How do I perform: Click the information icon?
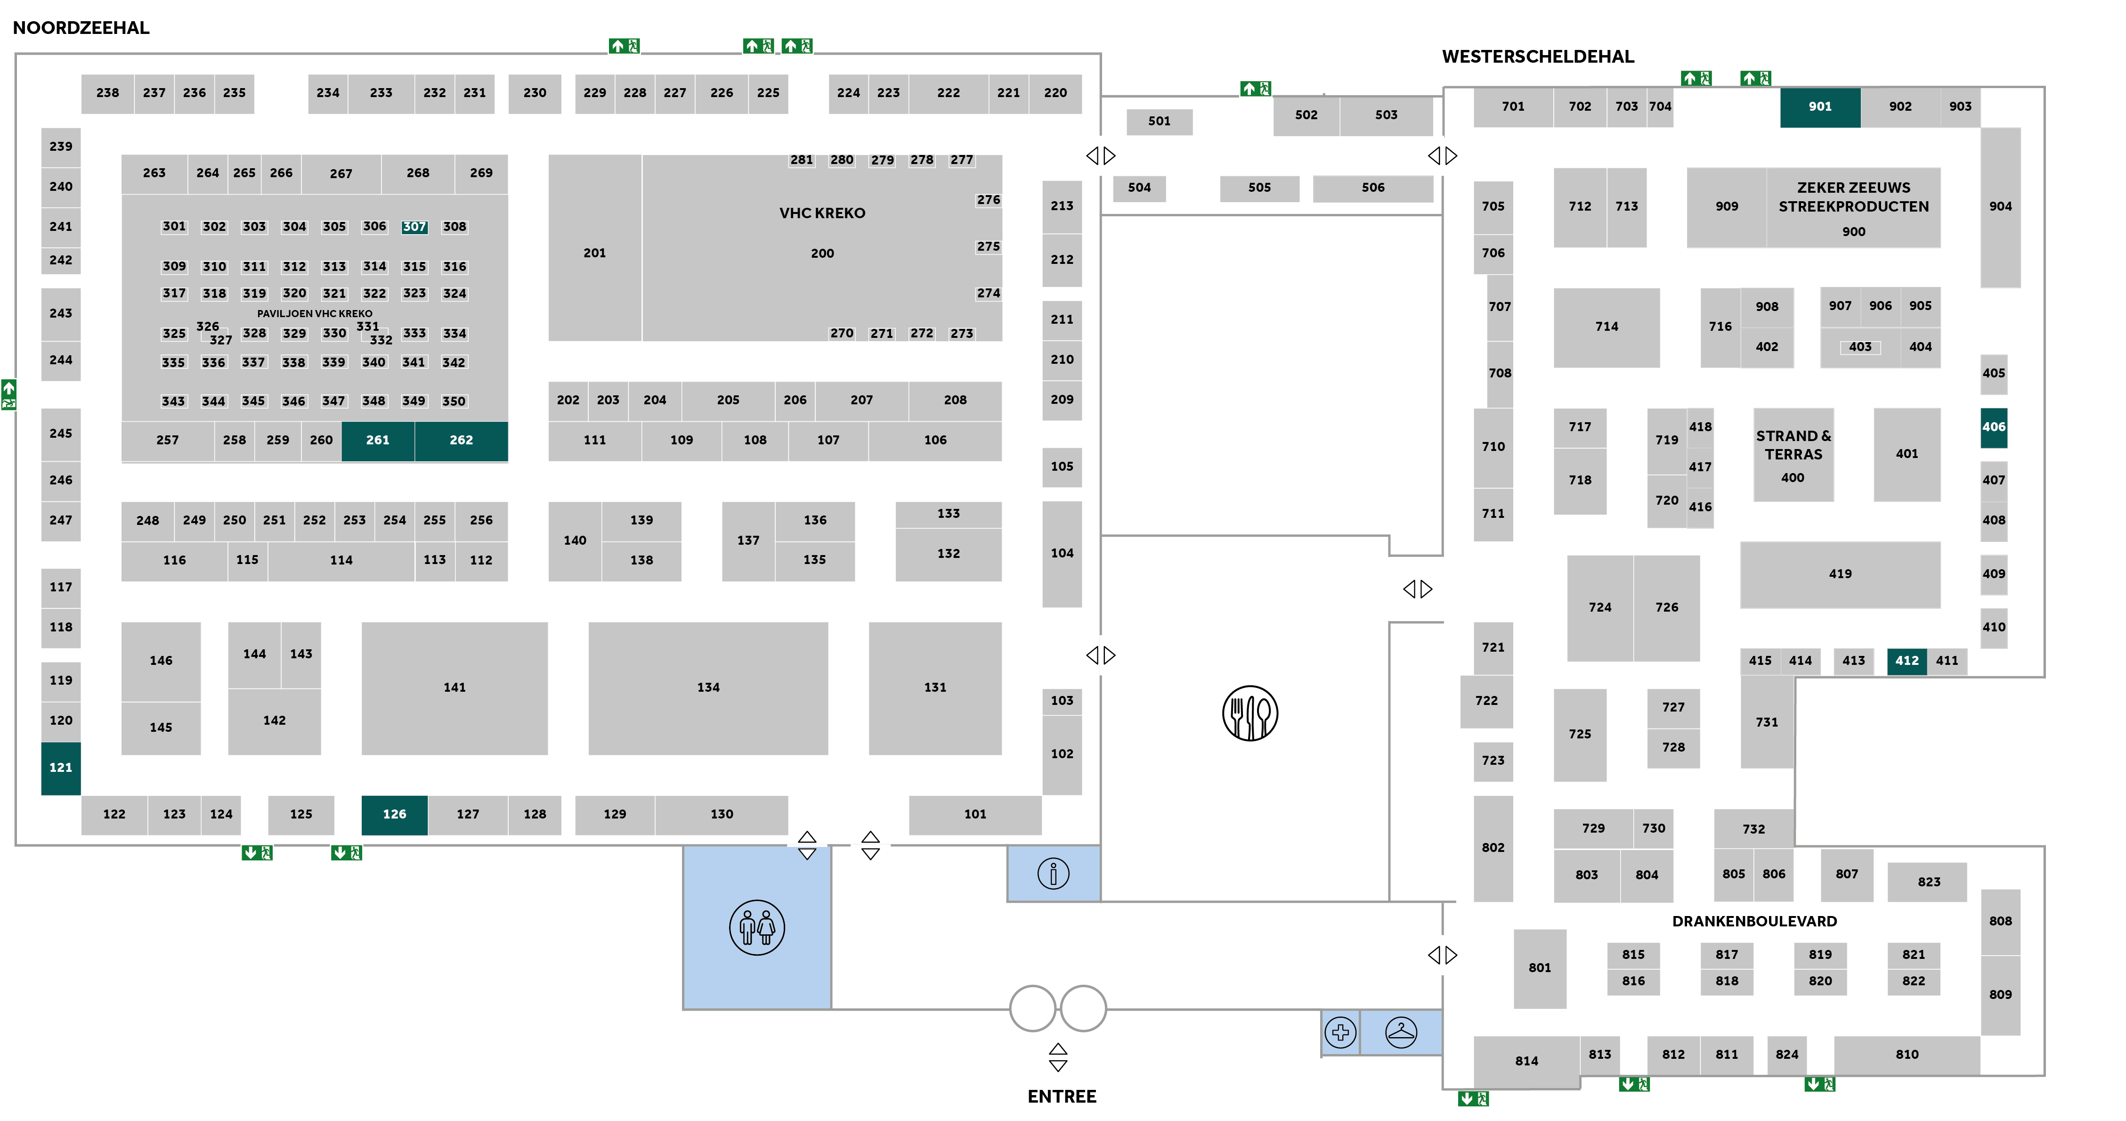click(1053, 873)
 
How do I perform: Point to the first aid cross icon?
click(1340, 1032)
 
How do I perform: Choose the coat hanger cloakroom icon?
click(1401, 1032)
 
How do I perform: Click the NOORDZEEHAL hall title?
click(81, 27)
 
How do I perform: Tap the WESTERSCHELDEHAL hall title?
click(1538, 56)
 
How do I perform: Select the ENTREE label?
click(1061, 1096)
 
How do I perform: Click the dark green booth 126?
click(395, 814)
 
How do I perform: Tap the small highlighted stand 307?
click(414, 226)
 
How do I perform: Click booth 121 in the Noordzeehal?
click(60, 767)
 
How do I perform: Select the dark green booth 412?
click(1907, 660)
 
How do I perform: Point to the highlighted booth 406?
click(1993, 427)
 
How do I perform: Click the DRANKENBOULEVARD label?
click(1754, 920)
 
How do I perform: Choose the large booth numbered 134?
click(708, 687)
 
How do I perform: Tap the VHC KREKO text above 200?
click(822, 213)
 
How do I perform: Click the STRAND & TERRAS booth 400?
click(1793, 455)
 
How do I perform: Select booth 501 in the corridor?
click(1159, 122)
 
